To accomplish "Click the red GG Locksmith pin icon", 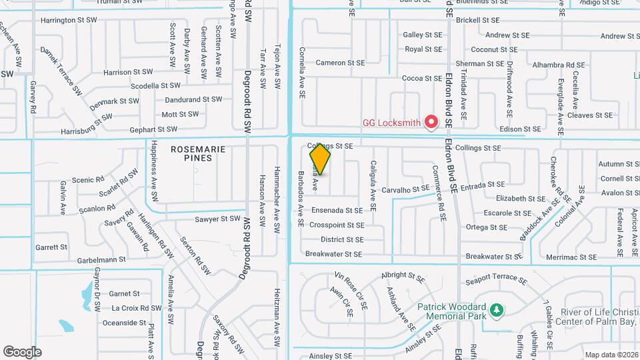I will (x=431, y=121).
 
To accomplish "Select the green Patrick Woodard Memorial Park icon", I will (x=495, y=310).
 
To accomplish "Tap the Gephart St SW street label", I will (x=153, y=129).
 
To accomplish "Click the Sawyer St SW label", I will (x=217, y=219).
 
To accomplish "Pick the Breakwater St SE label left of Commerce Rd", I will (x=334, y=254).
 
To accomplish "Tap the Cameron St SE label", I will (x=340, y=63).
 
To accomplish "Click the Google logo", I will (x=22, y=352).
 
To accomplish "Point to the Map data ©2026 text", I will (x=610, y=355).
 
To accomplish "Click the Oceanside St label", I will (x=124, y=323).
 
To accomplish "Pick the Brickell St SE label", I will (x=478, y=21).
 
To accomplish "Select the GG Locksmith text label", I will (x=393, y=122).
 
